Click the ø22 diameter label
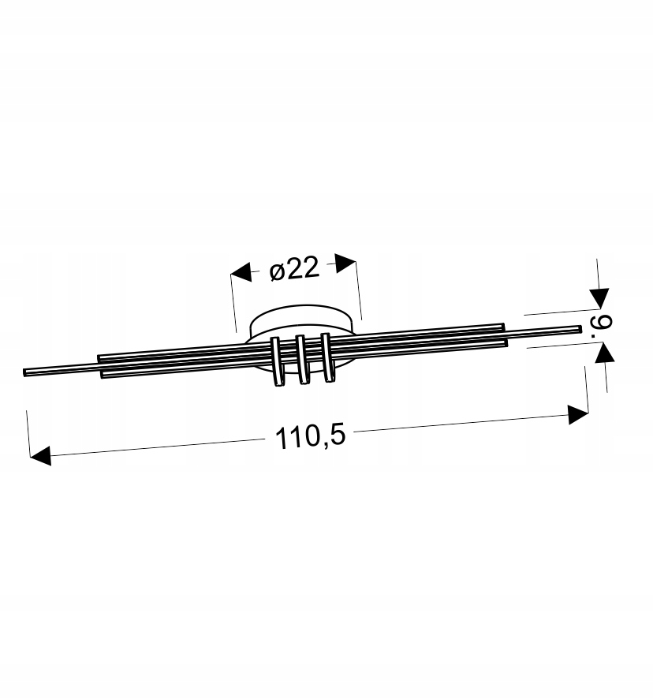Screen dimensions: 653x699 (x=295, y=269)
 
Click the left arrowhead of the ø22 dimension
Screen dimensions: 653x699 (x=241, y=272)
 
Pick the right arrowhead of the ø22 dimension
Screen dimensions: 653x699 (x=345, y=263)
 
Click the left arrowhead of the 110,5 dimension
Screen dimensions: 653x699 (x=40, y=455)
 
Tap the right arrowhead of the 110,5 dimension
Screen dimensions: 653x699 (x=578, y=414)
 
